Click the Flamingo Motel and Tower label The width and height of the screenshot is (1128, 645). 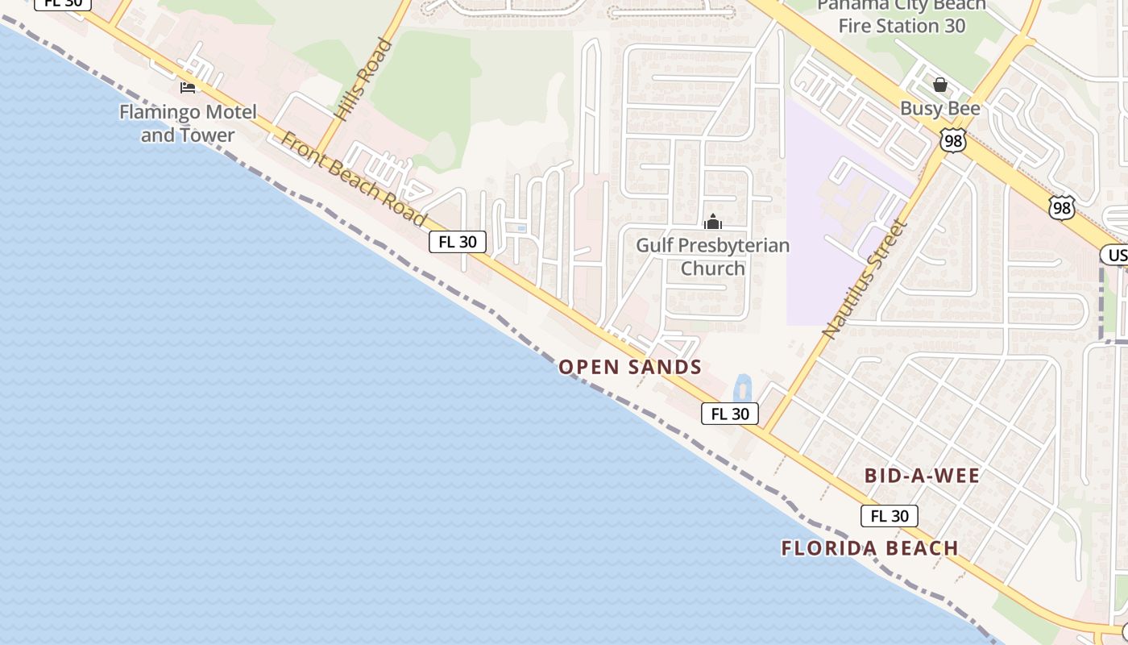tap(188, 123)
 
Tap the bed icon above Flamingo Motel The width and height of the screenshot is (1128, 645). tap(188, 87)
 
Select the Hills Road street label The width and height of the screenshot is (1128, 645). tap(364, 80)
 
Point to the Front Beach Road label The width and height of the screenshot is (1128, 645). tap(353, 179)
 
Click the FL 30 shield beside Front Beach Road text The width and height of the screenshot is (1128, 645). tap(458, 241)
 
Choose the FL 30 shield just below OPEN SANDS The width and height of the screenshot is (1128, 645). tap(730, 414)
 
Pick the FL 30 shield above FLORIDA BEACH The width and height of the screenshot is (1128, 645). tap(890, 516)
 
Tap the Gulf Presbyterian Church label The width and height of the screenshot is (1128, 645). tap(713, 256)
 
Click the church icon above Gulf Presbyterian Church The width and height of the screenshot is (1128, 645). tap(713, 222)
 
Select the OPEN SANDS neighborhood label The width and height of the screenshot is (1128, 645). tap(630, 368)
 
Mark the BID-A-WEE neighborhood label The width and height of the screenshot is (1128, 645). tap(922, 476)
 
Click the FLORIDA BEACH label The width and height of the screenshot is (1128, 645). tap(870, 548)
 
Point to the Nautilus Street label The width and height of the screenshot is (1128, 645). tap(865, 278)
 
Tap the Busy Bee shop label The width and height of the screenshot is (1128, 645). tap(940, 108)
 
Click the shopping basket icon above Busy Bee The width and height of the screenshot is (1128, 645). tap(940, 85)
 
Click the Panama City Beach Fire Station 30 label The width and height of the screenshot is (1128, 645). tap(901, 16)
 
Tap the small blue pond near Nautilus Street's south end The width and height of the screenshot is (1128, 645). tap(741, 388)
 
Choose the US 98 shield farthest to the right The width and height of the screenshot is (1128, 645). tap(1062, 207)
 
